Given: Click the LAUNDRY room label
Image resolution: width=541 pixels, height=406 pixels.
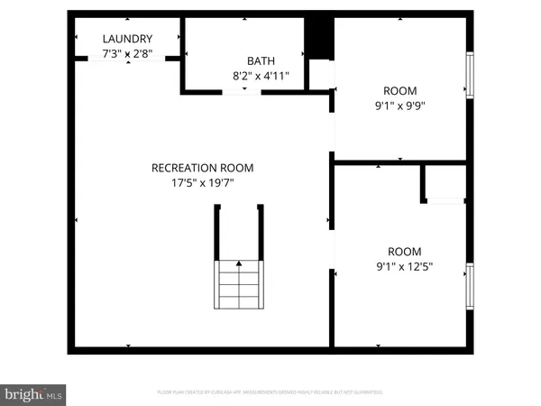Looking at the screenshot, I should pyautogui.click(x=127, y=39).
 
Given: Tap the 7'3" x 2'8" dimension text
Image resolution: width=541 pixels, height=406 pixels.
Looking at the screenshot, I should pyautogui.click(x=127, y=54).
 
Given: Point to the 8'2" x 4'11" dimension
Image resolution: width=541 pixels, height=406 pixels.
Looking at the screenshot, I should pyautogui.click(x=261, y=77).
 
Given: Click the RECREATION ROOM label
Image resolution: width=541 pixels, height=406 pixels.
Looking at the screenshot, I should pyautogui.click(x=202, y=168).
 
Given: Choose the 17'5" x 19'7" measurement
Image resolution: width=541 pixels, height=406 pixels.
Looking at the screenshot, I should pyautogui.click(x=202, y=183).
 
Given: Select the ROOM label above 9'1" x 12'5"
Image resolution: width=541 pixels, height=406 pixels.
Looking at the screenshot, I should pyautogui.click(x=403, y=251).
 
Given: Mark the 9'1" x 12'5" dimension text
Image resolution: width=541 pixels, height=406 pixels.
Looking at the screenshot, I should pyautogui.click(x=403, y=267).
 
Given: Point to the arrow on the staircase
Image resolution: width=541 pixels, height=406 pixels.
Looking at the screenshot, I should pyautogui.click(x=239, y=264).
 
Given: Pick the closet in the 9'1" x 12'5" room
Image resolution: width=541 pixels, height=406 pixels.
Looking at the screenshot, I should pyautogui.click(x=445, y=183).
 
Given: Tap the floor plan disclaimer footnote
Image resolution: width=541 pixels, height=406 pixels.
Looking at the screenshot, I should pyautogui.click(x=270, y=392).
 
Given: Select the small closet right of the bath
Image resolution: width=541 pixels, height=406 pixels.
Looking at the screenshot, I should pyautogui.click(x=321, y=75).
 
